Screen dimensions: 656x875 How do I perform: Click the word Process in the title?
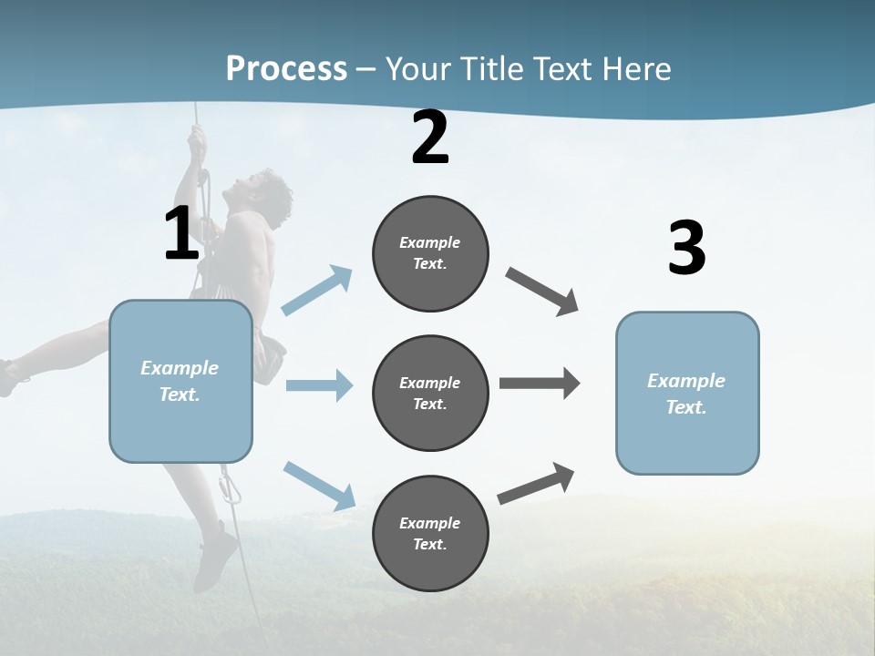pyautogui.click(x=286, y=69)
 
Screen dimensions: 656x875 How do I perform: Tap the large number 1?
pyautogui.click(x=181, y=234)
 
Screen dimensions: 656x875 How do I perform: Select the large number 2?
pyautogui.click(x=430, y=138)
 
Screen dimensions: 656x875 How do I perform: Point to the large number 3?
pyautogui.click(x=686, y=249)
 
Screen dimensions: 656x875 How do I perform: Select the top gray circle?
pyautogui.click(x=430, y=253)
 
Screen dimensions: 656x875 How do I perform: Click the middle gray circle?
pyautogui.click(x=430, y=394)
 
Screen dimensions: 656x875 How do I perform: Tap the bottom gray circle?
pyautogui.click(x=430, y=534)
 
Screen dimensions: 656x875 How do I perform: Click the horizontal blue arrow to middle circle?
pyautogui.click(x=319, y=385)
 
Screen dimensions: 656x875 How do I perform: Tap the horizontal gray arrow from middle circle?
pyautogui.click(x=540, y=384)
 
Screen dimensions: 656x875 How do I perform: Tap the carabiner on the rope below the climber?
pyautogui.click(x=231, y=489)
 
